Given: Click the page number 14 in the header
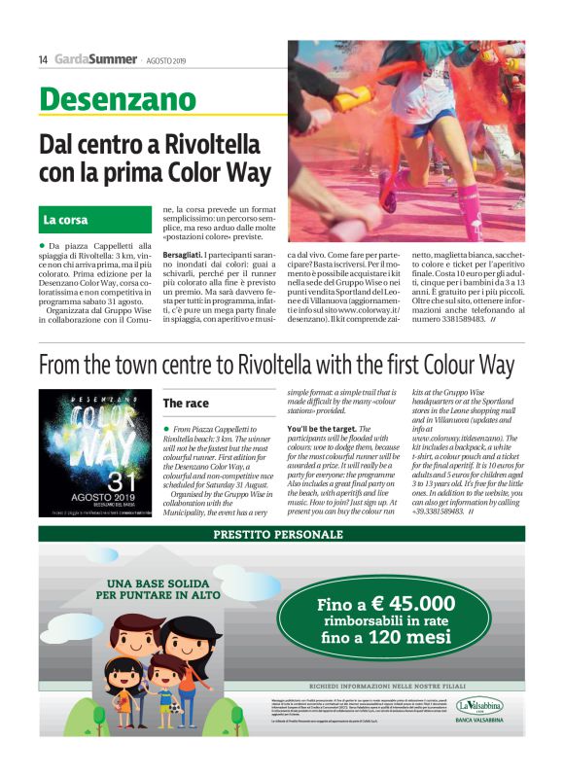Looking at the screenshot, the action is coord(43,59).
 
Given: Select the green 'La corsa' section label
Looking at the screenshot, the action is coord(65,220).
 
